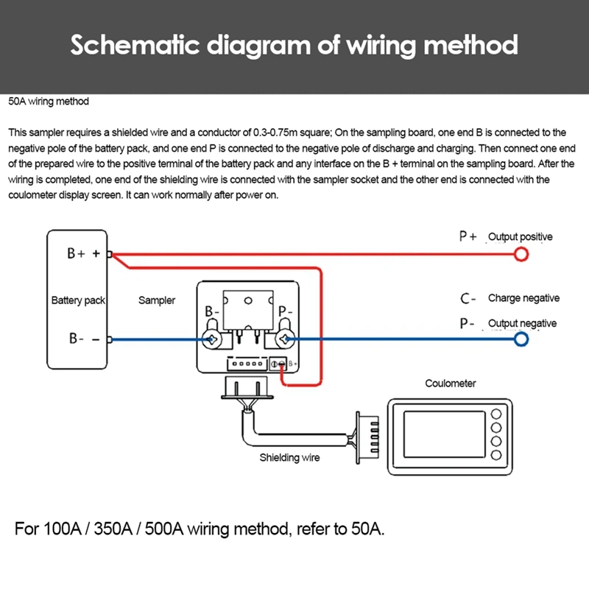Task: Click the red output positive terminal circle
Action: click(521, 255)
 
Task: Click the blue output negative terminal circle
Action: click(521, 339)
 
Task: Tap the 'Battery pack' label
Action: click(79, 300)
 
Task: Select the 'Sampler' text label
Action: click(157, 300)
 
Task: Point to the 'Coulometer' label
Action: click(451, 383)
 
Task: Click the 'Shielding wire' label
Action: click(289, 457)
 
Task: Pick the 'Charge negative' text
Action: click(523, 298)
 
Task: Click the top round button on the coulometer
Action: click(496, 414)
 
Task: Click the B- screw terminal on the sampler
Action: click(212, 339)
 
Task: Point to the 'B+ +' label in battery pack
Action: click(83, 253)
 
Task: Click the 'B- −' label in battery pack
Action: click(83, 339)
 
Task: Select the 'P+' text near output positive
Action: click(468, 236)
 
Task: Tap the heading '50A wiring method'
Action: click(49, 102)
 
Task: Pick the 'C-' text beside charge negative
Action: click(468, 298)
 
